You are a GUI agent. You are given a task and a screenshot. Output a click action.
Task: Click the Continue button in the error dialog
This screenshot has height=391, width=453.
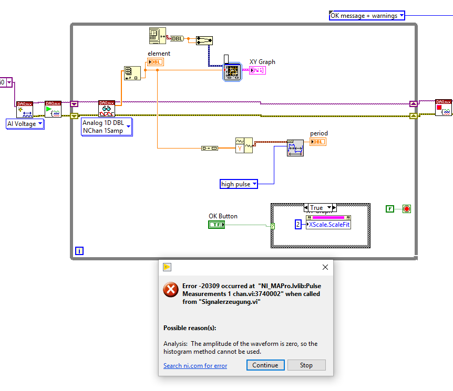tap(265, 365)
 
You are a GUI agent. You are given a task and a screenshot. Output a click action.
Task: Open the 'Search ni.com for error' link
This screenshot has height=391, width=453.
tap(195, 366)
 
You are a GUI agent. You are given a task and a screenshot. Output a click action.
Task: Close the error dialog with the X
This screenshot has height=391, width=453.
tap(325, 267)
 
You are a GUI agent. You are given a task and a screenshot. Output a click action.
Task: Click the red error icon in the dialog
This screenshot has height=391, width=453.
tap(171, 289)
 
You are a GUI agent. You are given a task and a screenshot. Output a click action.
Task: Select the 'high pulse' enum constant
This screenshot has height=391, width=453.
tap(239, 184)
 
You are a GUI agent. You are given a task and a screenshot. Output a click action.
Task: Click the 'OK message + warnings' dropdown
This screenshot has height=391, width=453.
tap(367, 16)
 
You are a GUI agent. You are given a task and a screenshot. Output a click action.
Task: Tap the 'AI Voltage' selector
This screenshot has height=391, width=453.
tap(25, 124)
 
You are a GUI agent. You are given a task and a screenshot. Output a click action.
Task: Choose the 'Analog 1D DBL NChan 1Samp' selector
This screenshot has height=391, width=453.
tap(107, 126)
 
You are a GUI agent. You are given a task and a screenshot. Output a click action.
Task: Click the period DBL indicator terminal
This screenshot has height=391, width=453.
tap(318, 142)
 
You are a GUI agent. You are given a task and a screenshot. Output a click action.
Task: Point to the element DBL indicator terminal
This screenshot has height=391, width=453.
tap(156, 62)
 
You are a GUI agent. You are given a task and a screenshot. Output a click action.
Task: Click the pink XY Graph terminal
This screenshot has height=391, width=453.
tap(258, 70)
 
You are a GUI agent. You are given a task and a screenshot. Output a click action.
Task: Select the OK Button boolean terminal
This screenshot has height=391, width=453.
tap(217, 225)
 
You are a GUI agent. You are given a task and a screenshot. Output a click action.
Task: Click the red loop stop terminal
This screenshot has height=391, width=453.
tap(407, 209)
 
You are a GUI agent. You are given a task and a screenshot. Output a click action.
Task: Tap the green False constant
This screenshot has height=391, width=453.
tap(390, 209)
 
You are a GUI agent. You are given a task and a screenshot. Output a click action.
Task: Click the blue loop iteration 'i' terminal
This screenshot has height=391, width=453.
tap(79, 251)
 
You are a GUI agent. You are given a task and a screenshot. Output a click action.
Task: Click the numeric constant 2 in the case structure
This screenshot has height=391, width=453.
tap(298, 224)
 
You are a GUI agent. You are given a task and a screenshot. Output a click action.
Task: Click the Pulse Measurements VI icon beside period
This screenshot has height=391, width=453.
tap(295, 148)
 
